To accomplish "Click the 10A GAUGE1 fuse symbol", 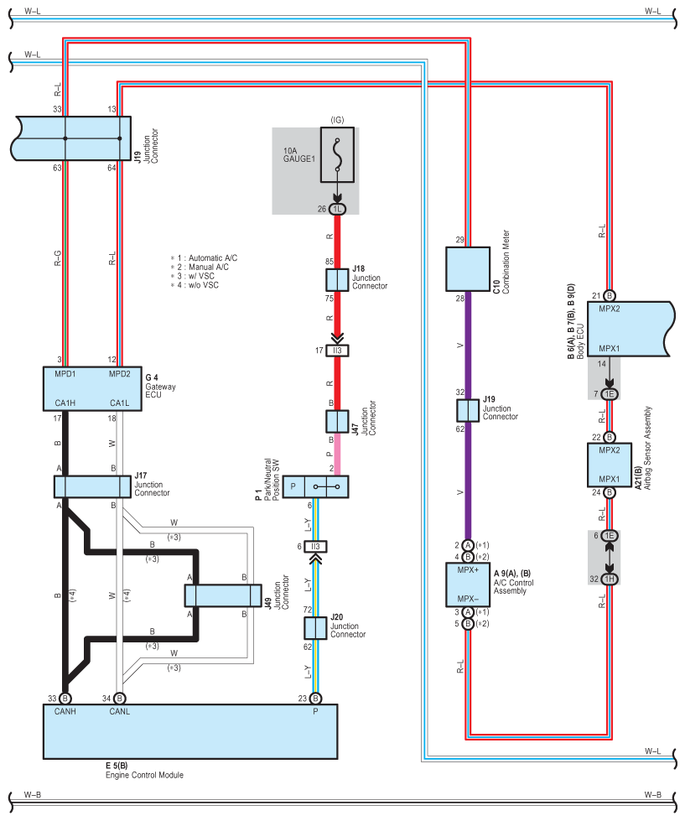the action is point(337,154).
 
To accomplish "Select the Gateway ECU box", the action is point(92,388).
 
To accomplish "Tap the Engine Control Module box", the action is point(190,731).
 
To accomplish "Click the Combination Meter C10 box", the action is point(468,269).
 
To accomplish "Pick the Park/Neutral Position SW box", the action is point(315,486).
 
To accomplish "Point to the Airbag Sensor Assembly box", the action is point(609,465).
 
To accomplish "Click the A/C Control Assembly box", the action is point(468,585).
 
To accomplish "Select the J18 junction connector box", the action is point(337,280).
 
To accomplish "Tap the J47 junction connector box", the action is point(337,422).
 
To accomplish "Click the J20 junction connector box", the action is point(315,628).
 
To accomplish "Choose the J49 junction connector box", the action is point(223,595).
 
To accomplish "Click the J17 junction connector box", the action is point(92,486).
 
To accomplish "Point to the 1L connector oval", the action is point(338,209).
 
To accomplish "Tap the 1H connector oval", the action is point(609,579).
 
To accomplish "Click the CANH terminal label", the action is point(65,712).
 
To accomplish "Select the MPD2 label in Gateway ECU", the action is point(119,374).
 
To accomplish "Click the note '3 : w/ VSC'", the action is point(192,276).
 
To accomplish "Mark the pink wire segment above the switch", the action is point(337,454).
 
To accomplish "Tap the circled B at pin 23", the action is point(315,698).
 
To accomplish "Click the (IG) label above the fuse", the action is point(338,120).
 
